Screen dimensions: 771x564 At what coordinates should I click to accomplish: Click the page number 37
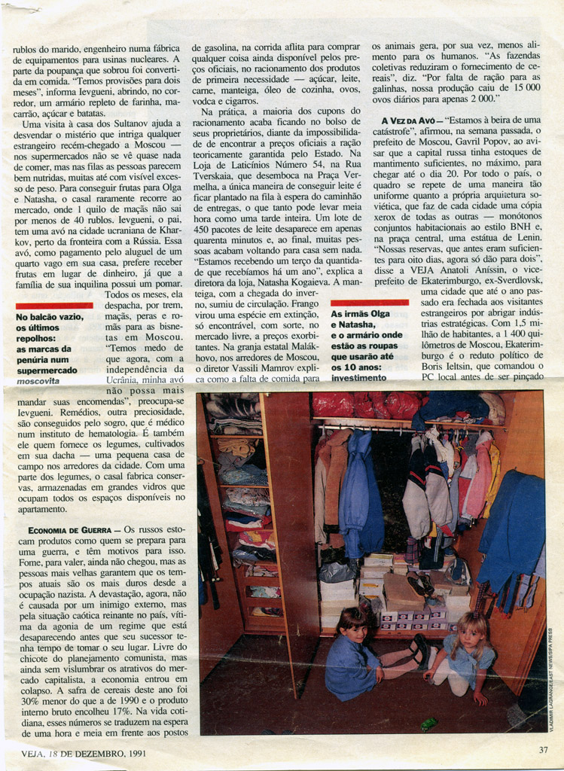[x=543, y=749]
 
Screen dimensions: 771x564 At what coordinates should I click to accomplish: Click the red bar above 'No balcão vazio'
[x=54, y=306]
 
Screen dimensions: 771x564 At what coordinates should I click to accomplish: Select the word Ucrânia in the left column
[x=127, y=380]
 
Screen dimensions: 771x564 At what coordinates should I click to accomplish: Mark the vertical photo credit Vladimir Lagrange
[x=552, y=669]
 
